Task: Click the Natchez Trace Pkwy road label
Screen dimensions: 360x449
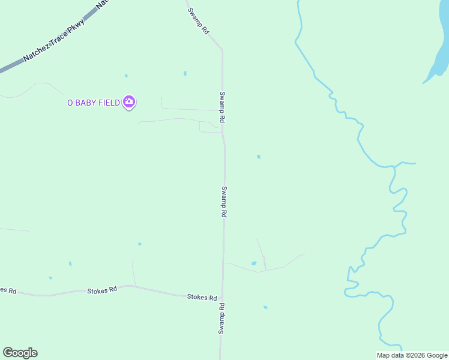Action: click(54, 41)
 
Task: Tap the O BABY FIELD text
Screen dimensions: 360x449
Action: click(94, 103)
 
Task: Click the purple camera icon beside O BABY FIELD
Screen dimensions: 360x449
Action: click(128, 102)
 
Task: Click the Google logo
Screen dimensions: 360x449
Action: click(20, 353)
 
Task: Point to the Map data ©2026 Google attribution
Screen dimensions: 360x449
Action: click(412, 355)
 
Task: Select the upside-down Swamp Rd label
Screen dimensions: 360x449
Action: click(221, 318)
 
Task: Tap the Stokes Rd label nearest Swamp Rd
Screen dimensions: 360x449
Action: click(202, 297)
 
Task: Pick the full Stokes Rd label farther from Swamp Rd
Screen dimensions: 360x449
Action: click(102, 290)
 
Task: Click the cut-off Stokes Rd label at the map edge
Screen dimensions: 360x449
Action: click(8, 290)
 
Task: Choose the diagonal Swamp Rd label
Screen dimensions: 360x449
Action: click(198, 20)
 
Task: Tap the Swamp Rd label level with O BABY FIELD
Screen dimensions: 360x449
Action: click(221, 107)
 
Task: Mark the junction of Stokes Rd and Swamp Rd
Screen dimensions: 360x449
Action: click(222, 298)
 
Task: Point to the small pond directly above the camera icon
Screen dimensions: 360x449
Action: click(126, 76)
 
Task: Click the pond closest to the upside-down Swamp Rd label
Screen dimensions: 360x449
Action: click(265, 307)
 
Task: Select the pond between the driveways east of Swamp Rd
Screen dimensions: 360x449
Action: click(254, 263)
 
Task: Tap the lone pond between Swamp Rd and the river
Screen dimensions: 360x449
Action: click(259, 157)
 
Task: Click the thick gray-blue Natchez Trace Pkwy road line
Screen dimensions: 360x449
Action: click(12, 64)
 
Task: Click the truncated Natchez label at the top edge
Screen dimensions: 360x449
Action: click(103, 3)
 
